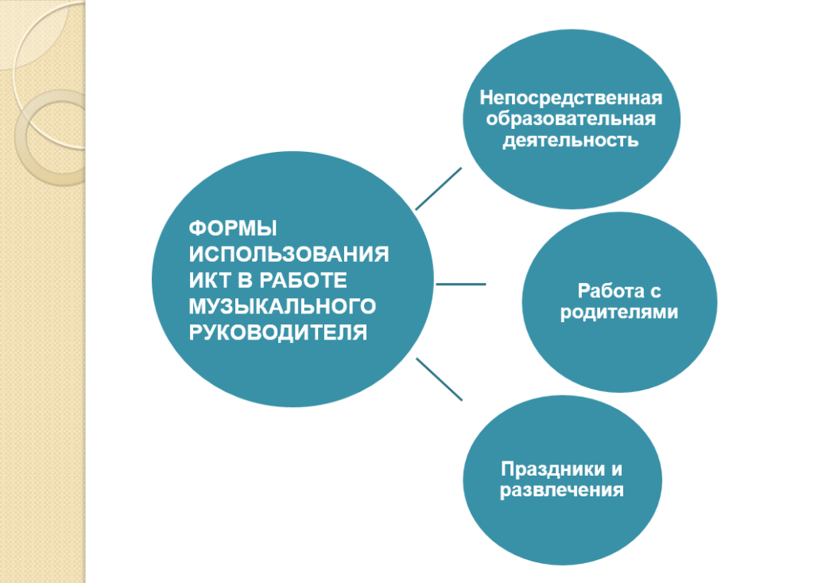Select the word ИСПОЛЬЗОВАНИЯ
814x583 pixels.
[289, 254]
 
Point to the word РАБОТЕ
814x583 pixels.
[303, 280]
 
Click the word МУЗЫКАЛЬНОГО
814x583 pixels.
[282, 306]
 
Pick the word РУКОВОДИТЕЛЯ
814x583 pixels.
[277, 332]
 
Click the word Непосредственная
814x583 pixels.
[571, 98]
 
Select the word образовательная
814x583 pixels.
[571, 119]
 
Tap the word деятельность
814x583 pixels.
[571, 140]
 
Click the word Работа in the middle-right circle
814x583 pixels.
[610, 291]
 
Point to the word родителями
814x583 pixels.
[619, 313]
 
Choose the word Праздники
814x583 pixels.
[554, 469]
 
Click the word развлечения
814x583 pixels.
[562, 491]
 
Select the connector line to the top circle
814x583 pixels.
[439, 189]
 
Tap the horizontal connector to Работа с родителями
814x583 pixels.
[461, 284]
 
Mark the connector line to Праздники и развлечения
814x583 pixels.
[439, 379]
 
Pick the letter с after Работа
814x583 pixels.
[655, 292]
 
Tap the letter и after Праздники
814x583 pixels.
[617, 470]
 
